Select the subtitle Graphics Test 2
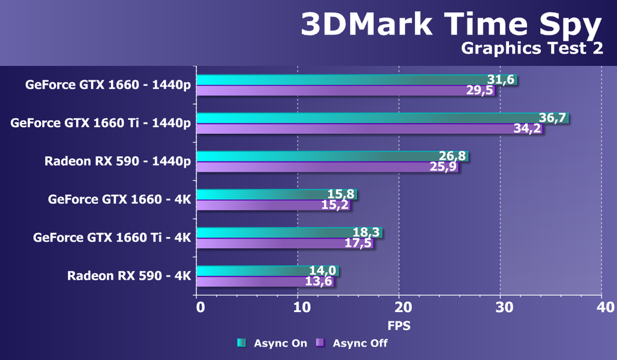pyautogui.click(x=532, y=49)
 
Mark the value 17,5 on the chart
pyautogui.click(x=358, y=244)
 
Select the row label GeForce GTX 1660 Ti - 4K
pyautogui.click(x=112, y=237)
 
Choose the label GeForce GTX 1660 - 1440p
pyautogui.click(x=108, y=85)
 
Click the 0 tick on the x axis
pyautogui.click(x=200, y=308)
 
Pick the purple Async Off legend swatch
pyautogui.click(x=321, y=343)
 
